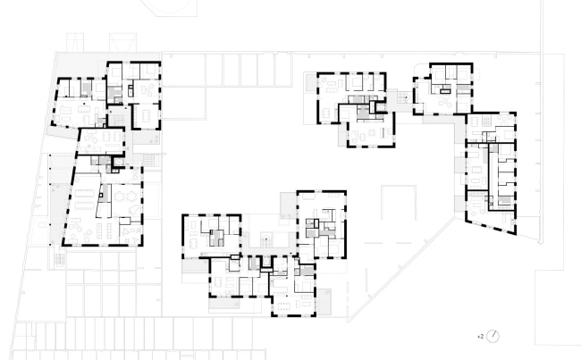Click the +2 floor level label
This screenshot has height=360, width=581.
click(480, 336)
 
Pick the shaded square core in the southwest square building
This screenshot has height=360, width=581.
click(215, 237)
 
